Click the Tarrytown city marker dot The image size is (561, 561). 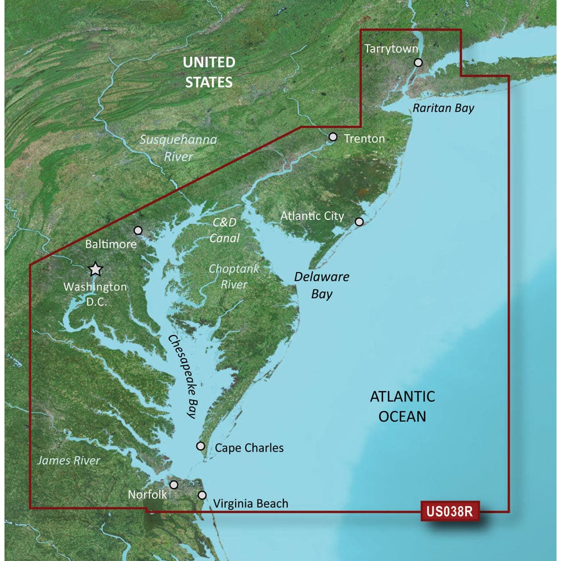[418, 63]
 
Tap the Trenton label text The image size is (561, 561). [364, 138]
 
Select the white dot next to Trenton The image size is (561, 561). [333, 136]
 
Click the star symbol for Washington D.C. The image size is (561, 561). [96, 269]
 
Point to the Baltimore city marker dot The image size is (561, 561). [139, 230]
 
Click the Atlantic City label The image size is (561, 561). [312, 216]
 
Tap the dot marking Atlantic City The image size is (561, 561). [360, 222]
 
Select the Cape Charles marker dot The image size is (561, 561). [200, 446]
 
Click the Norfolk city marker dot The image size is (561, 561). [174, 484]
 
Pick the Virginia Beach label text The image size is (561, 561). [251, 503]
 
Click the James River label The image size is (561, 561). [68, 461]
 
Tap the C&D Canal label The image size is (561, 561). [225, 230]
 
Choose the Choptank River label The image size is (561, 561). [234, 277]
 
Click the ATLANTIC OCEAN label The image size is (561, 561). [402, 406]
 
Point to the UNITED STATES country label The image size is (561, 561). [209, 72]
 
